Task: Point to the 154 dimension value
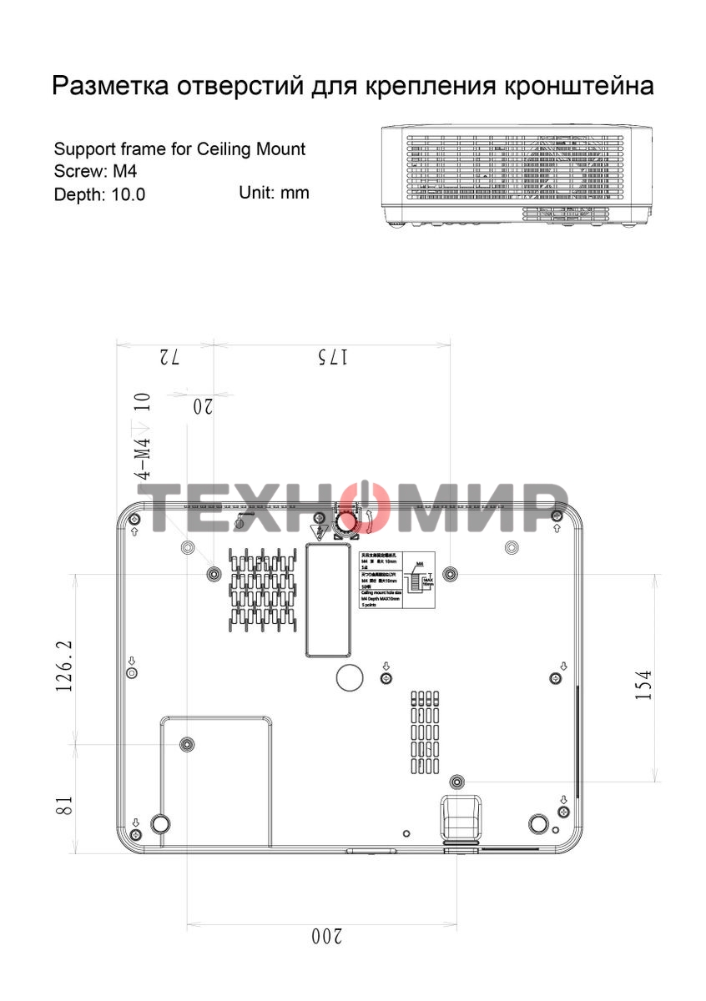(643, 685)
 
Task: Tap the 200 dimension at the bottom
(326, 937)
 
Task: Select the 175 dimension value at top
(332, 357)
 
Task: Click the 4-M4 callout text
(144, 458)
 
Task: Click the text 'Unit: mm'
(274, 193)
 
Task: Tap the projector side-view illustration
(516, 176)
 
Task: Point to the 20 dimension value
(203, 406)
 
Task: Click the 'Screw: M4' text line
(95, 172)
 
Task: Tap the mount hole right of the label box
(451, 573)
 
